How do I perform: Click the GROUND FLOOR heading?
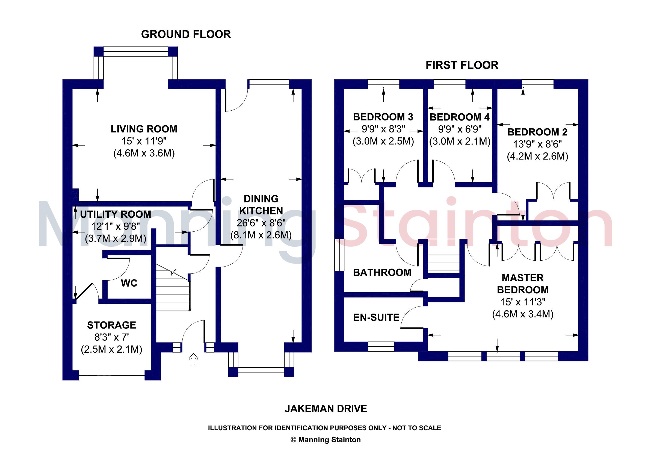[186, 34]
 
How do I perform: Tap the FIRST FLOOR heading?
[462, 65]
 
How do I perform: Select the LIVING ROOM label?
[144, 129]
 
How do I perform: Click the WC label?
[129, 283]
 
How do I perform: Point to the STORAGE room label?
[111, 325]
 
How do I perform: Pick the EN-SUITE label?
[376, 317]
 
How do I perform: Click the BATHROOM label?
[382, 273]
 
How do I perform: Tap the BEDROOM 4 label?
[459, 117]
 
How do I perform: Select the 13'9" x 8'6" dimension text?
[537, 144]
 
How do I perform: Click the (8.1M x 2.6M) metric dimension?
[261, 235]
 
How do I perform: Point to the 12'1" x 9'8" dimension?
[116, 226]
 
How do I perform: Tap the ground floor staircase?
[172, 292]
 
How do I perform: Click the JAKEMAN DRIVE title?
[326, 409]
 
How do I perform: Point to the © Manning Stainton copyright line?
[326, 440]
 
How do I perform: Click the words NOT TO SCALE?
[416, 428]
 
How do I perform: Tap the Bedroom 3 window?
[383, 84]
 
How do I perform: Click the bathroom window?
[339, 255]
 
